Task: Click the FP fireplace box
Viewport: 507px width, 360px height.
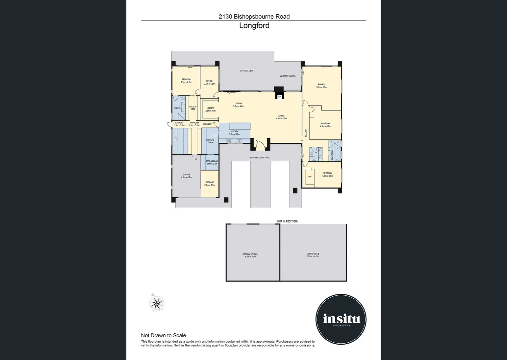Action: [x=280, y=97]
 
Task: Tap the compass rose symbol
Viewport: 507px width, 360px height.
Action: [x=156, y=303]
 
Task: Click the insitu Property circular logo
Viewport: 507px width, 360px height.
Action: [x=341, y=319]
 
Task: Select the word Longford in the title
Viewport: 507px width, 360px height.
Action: [x=254, y=26]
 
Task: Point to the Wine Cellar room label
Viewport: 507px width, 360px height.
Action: [x=212, y=161]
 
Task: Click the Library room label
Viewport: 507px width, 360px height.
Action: [x=210, y=108]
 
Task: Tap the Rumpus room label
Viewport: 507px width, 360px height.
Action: [x=322, y=85]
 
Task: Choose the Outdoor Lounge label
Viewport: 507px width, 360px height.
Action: [x=288, y=76]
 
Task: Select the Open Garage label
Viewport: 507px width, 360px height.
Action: [x=313, y=254]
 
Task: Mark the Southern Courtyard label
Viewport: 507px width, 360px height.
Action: [x=260, y=158]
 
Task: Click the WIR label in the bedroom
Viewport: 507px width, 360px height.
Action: [x=310, y=177]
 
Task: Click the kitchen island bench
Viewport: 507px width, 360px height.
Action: [x=240, y=126]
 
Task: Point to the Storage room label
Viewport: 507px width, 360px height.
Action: [x=210, y=182]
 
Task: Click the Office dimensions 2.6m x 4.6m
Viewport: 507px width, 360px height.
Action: [x=209, y=84]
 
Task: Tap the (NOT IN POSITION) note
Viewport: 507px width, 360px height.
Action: [x=287, y=221]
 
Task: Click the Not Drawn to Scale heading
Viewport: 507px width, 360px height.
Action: [x=163, y=335]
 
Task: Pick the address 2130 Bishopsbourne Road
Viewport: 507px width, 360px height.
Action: [x=254, y=16]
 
